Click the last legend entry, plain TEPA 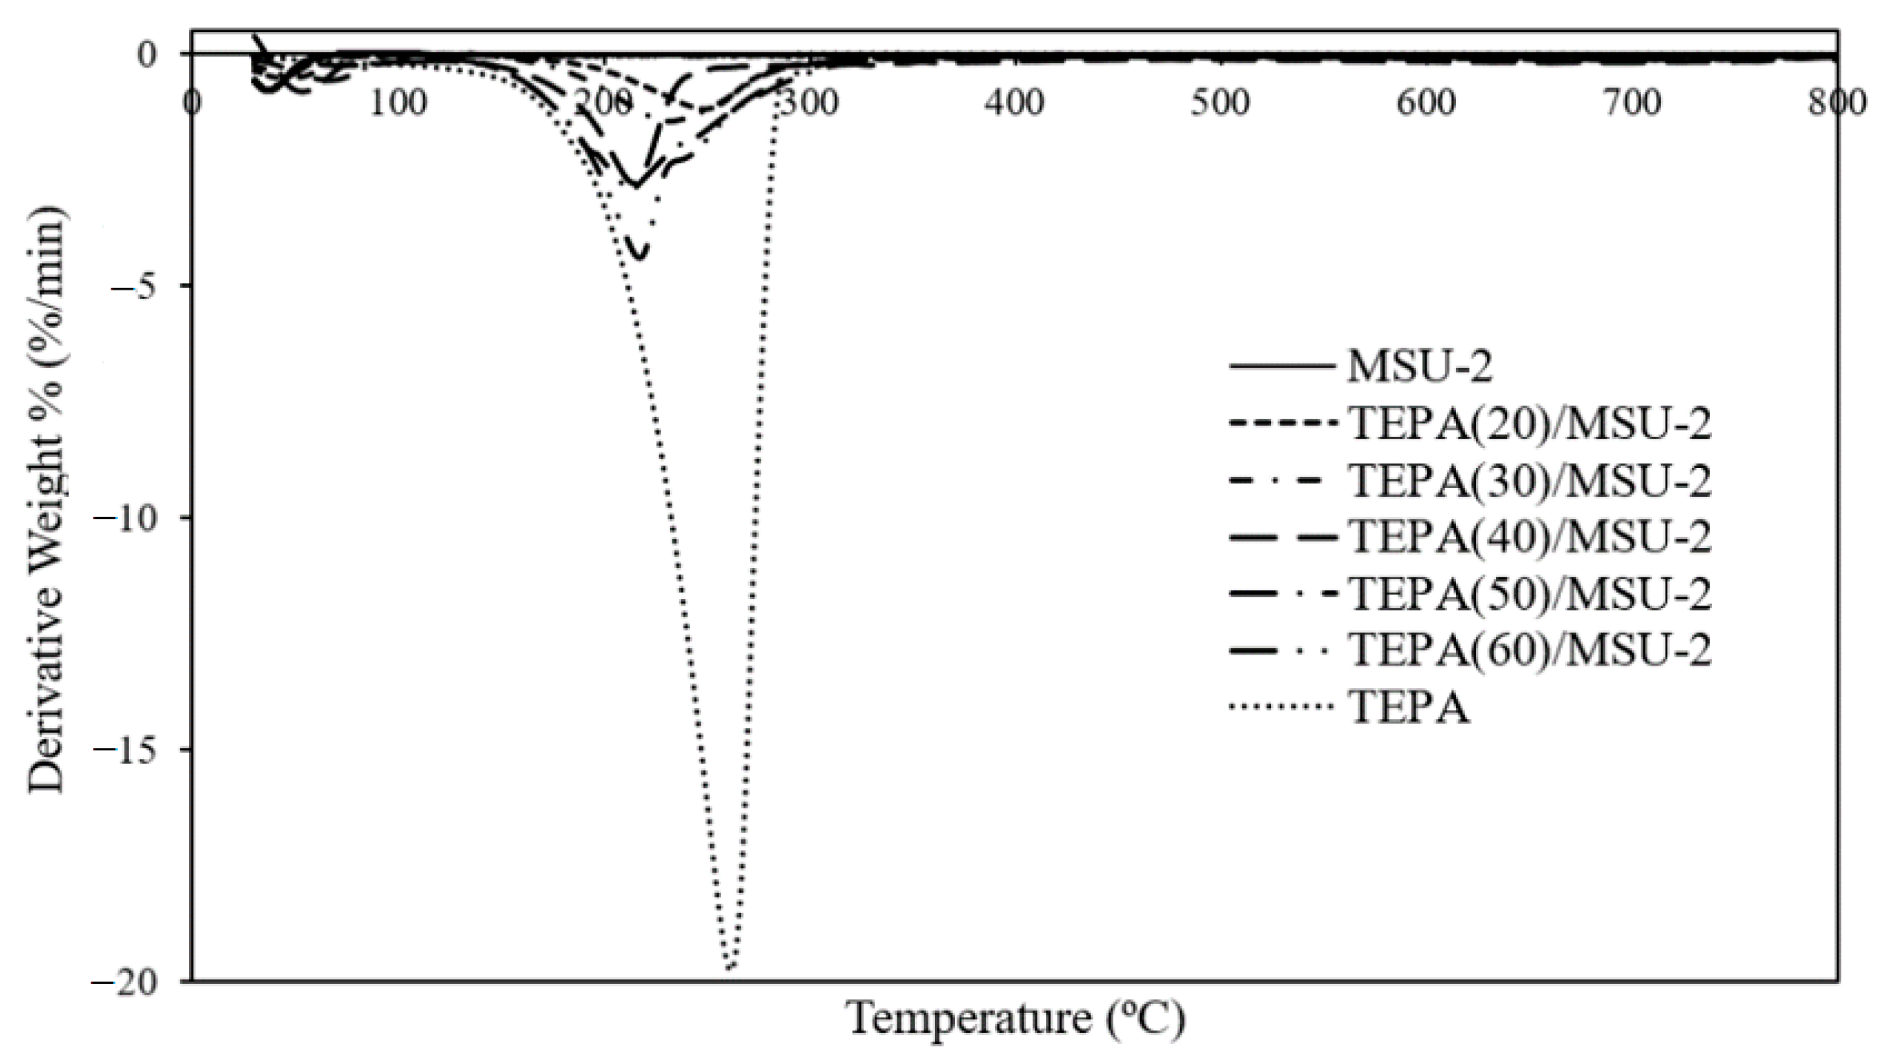click(x=1409, y=707)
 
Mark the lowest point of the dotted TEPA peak click(x=729, y=969)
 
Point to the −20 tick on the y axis click(x=125, y=982)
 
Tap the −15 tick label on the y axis click(x=125, y=750)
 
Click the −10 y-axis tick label click(x=125, y=518)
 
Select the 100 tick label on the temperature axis click(x=398, y=103)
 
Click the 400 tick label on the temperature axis click(x=1014, y=103)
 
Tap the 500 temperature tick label click(x=1220, y=103)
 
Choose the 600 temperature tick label click(x=1426, y=103)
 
